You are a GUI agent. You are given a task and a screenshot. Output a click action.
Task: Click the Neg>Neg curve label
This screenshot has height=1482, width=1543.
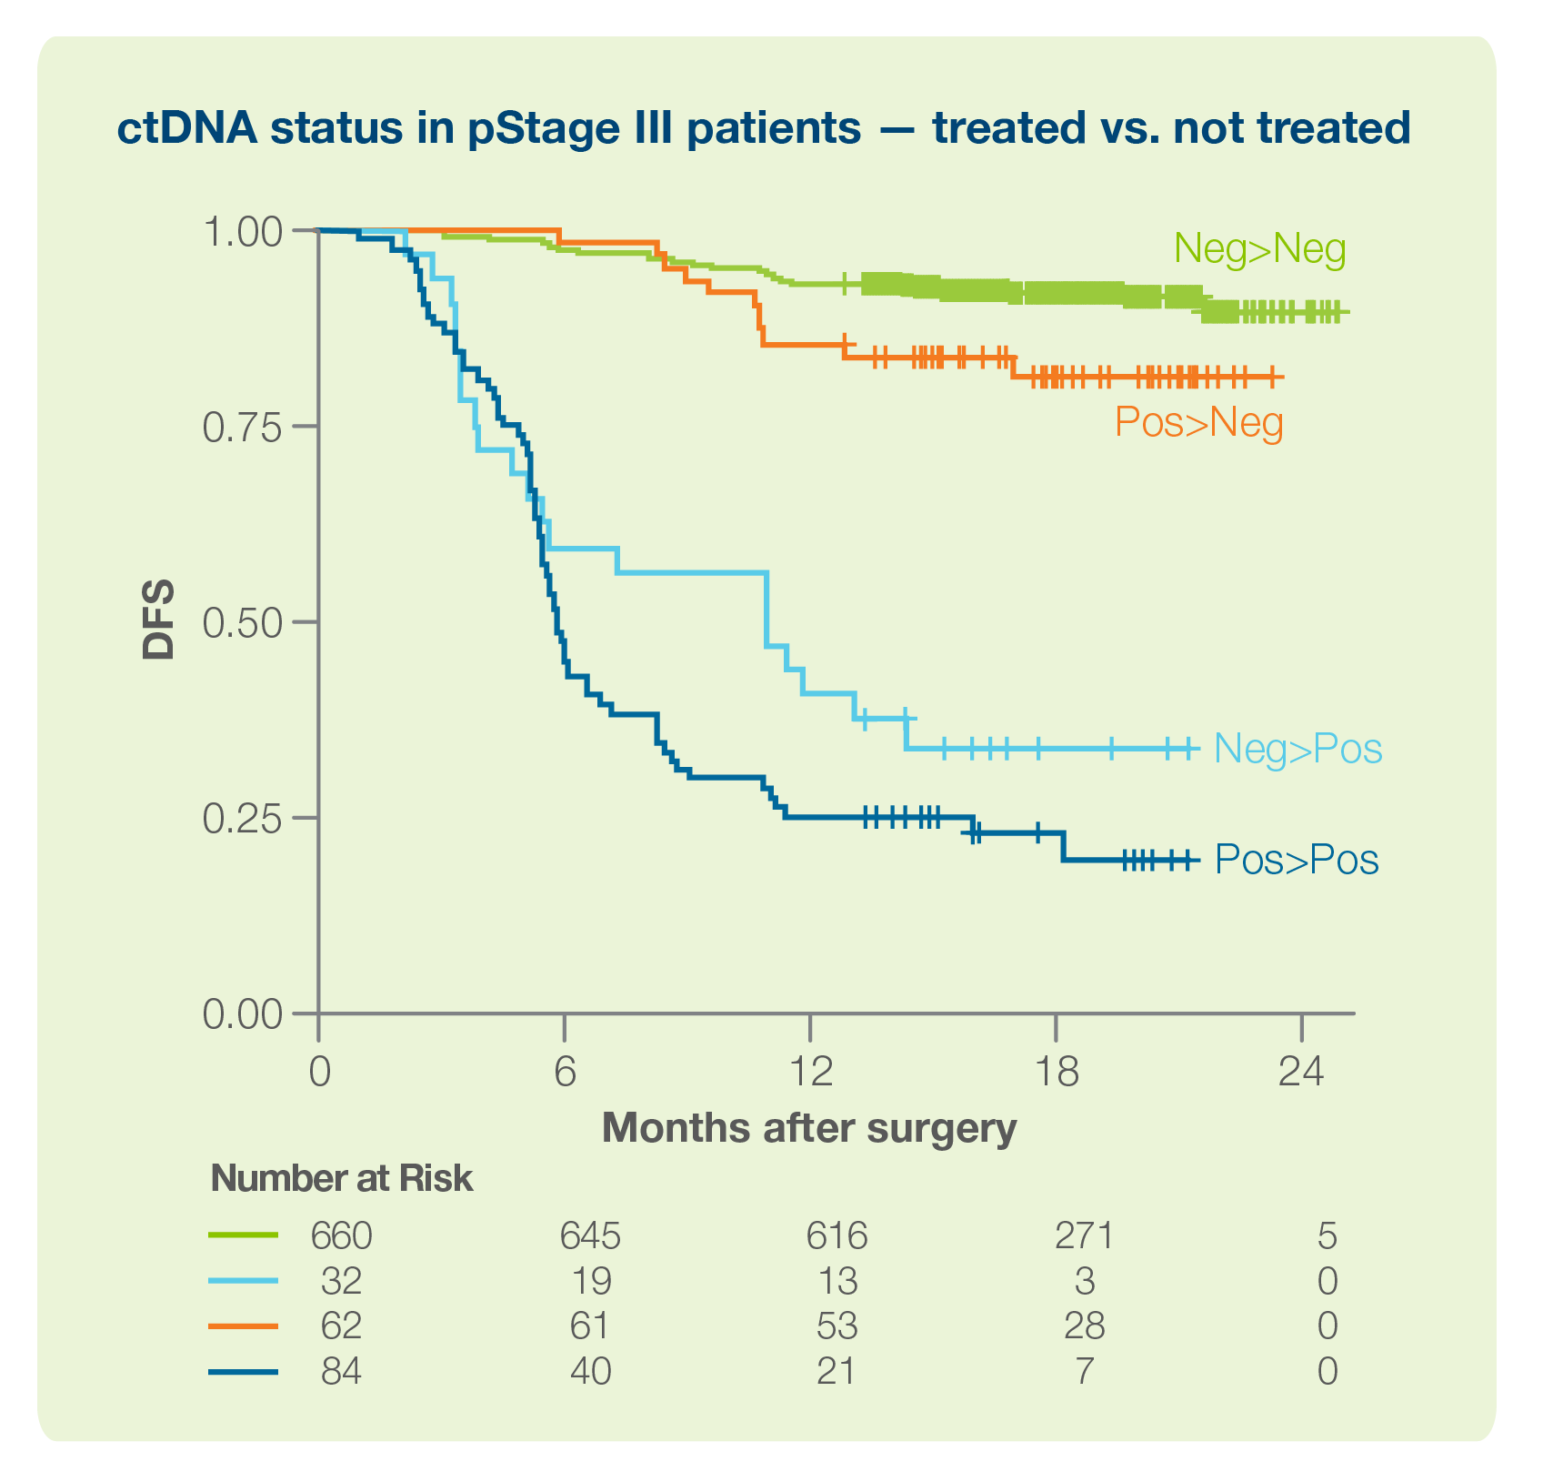pyautogui.click(x=1259, y=249)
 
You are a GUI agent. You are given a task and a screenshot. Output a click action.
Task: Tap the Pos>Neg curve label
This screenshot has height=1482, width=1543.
pyautogui.click(x=1198, y=422)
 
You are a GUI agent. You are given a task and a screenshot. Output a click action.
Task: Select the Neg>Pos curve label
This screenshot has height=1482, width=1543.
pyautogui.click(x=1298, y=749)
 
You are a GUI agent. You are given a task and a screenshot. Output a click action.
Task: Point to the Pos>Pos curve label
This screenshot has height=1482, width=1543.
pyautogui.click(x=1297, y=860)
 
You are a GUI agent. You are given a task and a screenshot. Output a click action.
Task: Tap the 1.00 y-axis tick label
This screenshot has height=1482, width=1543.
pyautogui.click(x=242, y=232)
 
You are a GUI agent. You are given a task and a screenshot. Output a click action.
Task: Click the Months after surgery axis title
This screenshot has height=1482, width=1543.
pyautogui.click(x=808, y=1129)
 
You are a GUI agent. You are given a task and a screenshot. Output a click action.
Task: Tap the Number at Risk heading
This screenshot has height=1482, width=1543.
pyautogui.click(x=341, y=1179)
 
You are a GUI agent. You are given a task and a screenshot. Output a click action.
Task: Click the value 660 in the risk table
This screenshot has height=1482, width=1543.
pyautogui.click(x=342, y=1235)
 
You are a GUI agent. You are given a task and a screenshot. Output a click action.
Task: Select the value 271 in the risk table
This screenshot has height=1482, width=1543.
pyautogui.click(x=1084, y=1235)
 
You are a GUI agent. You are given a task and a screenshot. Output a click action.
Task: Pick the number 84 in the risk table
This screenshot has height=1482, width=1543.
pyautogui.click(x=342, y=1370)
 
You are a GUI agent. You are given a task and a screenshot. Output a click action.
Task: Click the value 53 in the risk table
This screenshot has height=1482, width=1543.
pyautogui.click(x=837, y=1326)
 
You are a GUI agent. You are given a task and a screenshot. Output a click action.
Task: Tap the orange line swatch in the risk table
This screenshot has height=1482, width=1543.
pyautogui.click(x=243, y=1326)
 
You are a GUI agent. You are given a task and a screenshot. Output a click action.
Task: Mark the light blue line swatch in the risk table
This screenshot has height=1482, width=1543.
pyautogui.click(x=243, y=1281)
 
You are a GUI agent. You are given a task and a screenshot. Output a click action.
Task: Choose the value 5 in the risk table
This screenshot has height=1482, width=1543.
pyautogui.click(x=1327, y=1235)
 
